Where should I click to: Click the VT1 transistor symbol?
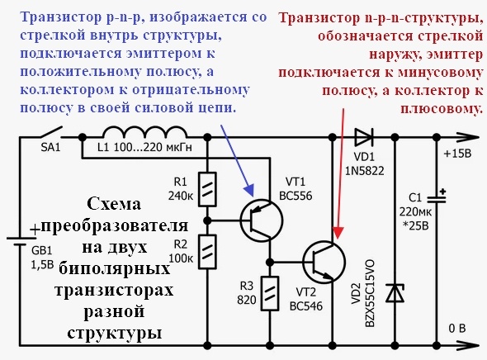[x=258, y=219]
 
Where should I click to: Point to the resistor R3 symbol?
[x=270, y=293]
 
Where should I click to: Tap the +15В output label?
[x=458, y=154]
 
